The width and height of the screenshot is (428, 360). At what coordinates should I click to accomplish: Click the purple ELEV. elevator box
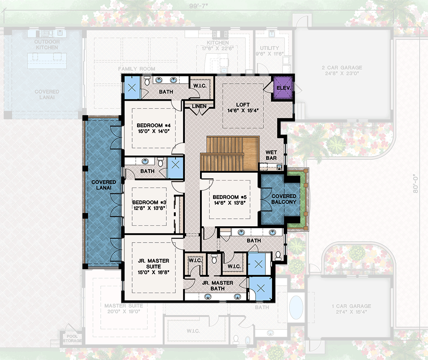(x=284, y=87)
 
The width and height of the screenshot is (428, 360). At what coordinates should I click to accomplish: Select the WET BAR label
(x=271, y=155)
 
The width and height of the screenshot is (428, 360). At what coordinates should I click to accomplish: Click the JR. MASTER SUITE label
(x=154, y=262)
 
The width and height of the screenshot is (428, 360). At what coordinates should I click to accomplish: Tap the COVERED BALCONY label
(x=284, y=199)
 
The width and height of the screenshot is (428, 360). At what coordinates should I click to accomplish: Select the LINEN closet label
(x=199, y=106)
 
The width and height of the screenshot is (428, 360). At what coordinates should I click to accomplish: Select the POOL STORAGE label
(x=72, y=338)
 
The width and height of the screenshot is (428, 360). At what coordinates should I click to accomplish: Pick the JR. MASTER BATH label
(x=217, y=285)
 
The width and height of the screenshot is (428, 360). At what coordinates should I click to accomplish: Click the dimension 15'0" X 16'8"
(x=154, y=272)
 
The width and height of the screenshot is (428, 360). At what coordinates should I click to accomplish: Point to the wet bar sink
(x=279, y=167)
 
